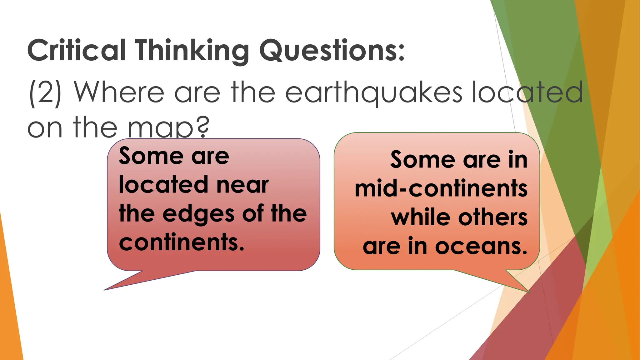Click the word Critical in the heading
[77, 51]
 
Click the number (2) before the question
[45, 93]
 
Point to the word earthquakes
[373, 93]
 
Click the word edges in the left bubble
[198, 214]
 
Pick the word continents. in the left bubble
[182, 242]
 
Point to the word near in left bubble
[242, 185]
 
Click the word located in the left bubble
[163, 185]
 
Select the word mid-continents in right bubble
[441, 189]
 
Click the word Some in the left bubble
[151, 156]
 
